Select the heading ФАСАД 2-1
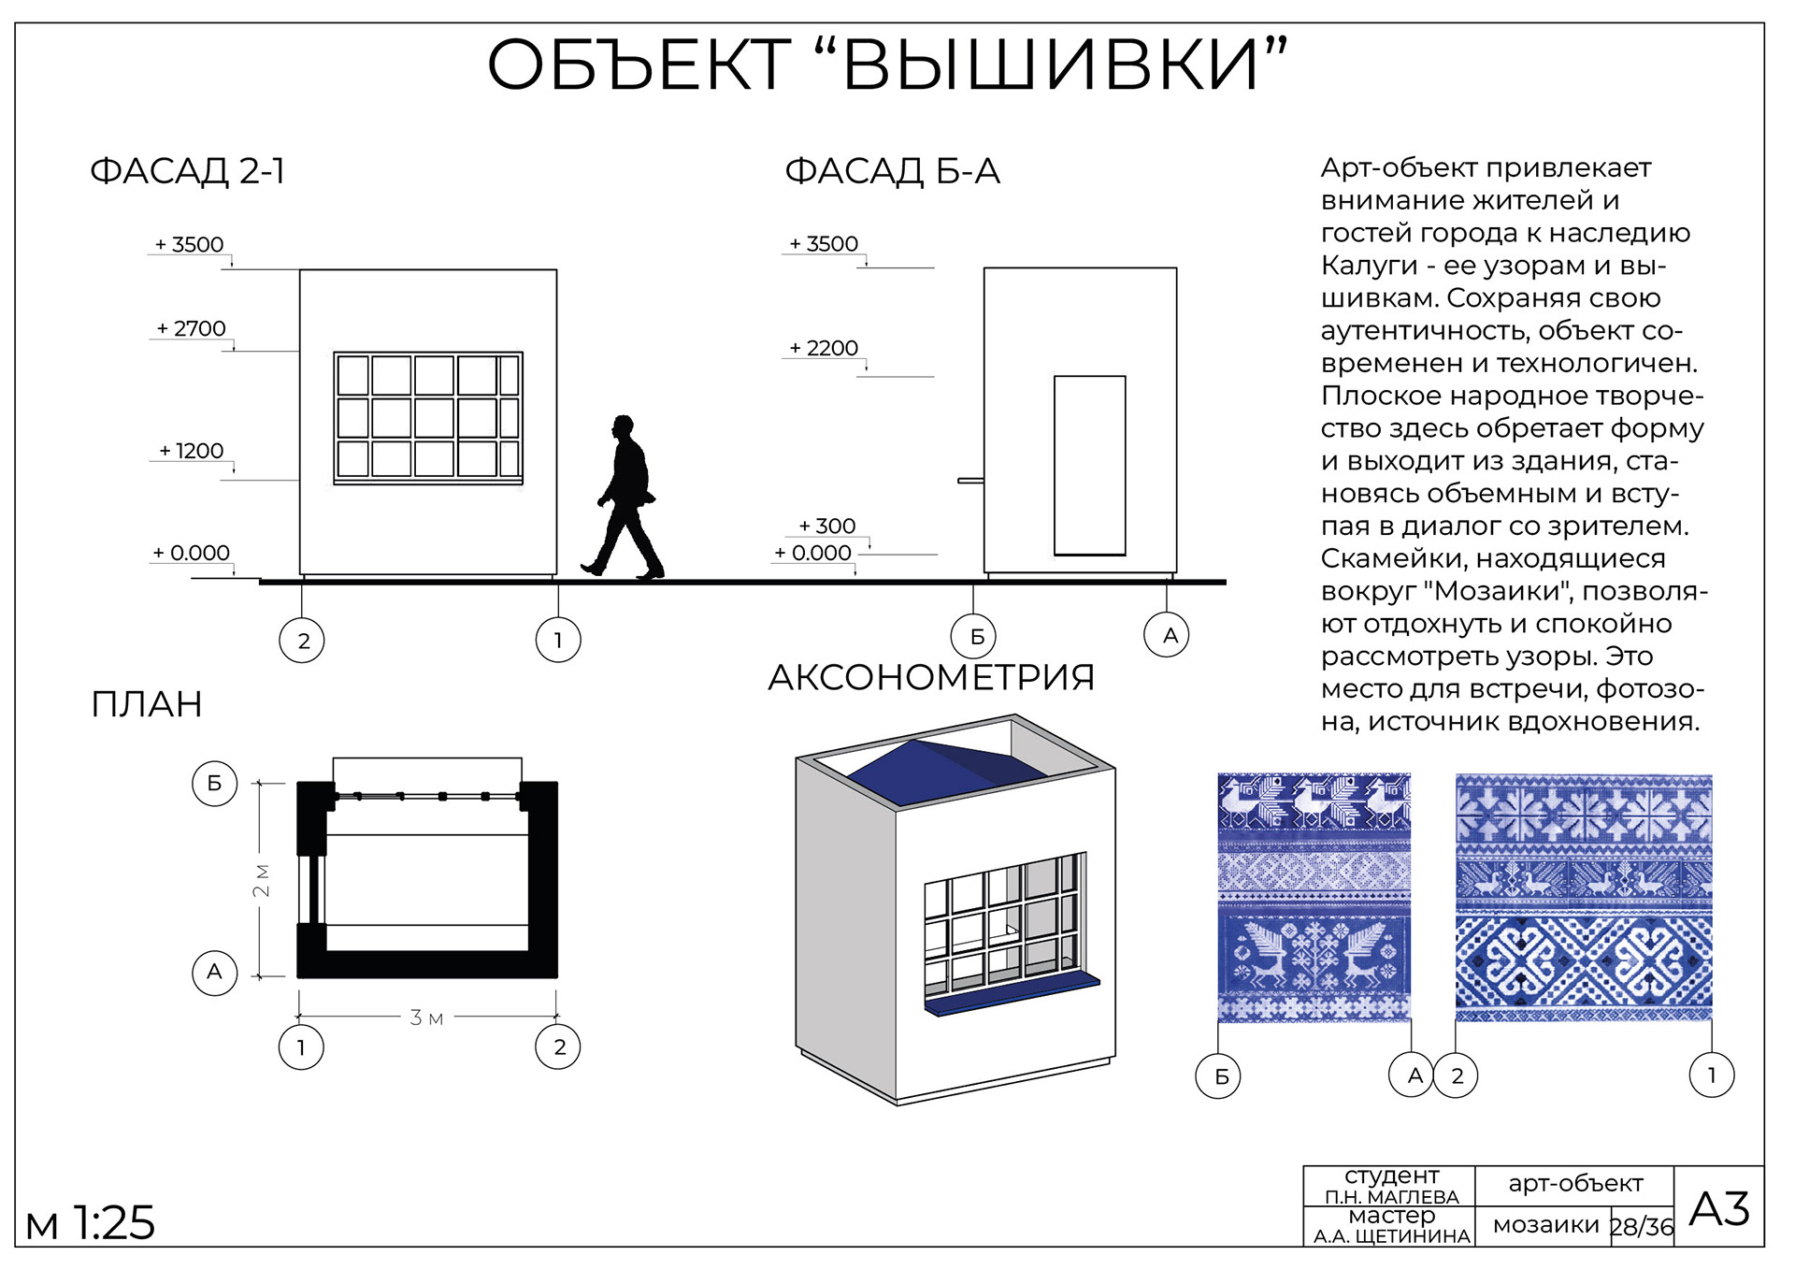pyautogui.click(x=187, y=171)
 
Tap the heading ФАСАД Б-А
pyautogui.click(x=892, y=171)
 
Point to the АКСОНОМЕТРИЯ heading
pyautogui.click(x=930, y=677)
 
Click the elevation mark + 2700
pyautogui.click(x=192, y=328)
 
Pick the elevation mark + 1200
pyautogui.click(x=192, y=451)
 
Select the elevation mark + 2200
pyautogui.click(x=824, y=348)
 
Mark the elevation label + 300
pyautogui.click(x=827, y=526)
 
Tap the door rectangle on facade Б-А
pyautogui.click(x=1089, y=465)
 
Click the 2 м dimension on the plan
pyautogui.click(x=262, y=880)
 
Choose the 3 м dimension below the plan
pyautogui.click(x=426, y=1017)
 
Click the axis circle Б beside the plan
pyautogui.click(x=214, y=783)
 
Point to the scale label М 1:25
pyautogui.click(x=91, y=1222)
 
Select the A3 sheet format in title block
pyautogui.click(x=1718, y=1208)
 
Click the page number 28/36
pyautogui.click(x=1642, y=1226)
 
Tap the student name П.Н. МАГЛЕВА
pyautogui.click(x=1391, y=1197)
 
